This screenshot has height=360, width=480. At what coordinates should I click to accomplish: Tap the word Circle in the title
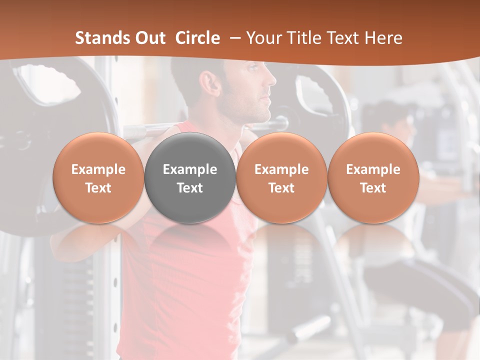coord(197,38)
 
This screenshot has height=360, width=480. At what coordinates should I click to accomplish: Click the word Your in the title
coord(261,38)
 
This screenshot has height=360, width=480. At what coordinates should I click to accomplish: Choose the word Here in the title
coord(383,38)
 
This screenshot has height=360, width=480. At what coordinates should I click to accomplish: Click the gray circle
coord(190,178)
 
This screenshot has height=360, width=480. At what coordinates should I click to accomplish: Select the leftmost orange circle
coord(98,178)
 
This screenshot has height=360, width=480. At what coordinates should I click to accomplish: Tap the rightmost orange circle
coord(373,178)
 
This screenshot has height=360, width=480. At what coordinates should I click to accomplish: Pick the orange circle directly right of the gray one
coord(281,178)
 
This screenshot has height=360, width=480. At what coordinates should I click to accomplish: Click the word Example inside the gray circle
coord(190,169)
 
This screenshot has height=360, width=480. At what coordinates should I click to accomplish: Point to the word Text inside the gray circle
coord(190,188)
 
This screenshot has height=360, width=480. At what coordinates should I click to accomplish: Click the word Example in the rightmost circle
coord(373,169)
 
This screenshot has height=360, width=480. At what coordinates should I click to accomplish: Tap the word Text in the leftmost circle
coord(98,188)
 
